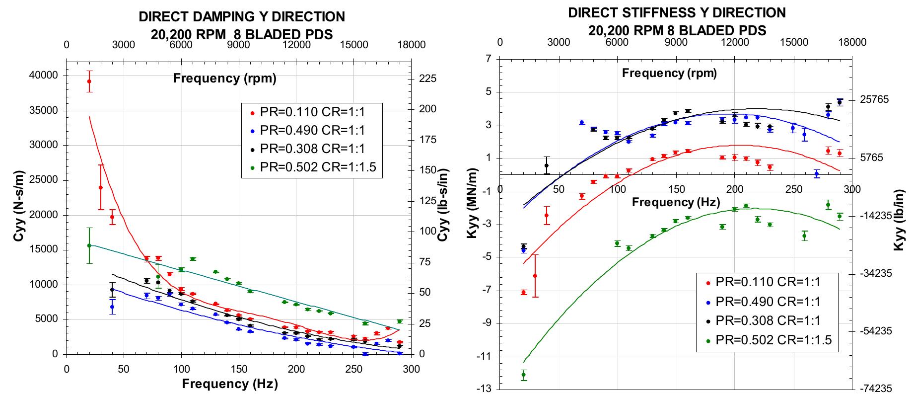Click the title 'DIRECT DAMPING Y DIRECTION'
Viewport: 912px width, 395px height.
(x=241, y=17)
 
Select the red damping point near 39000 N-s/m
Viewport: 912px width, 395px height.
(x=89, y=81)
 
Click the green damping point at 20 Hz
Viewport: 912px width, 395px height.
(x=89, y=245)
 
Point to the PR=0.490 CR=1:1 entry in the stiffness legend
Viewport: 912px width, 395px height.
(x=767, y=302)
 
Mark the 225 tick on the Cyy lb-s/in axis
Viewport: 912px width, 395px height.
(x=428, y=79)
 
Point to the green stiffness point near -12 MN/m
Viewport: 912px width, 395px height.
(x=523, y=375)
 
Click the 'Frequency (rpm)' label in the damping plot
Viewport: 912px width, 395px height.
(x=224, y=78)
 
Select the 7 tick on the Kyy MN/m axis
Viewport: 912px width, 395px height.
(x=488, y=59)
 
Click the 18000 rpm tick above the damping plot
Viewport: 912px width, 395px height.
(x=412, y=45)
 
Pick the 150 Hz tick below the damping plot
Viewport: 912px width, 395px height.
(x=239, y=369)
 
